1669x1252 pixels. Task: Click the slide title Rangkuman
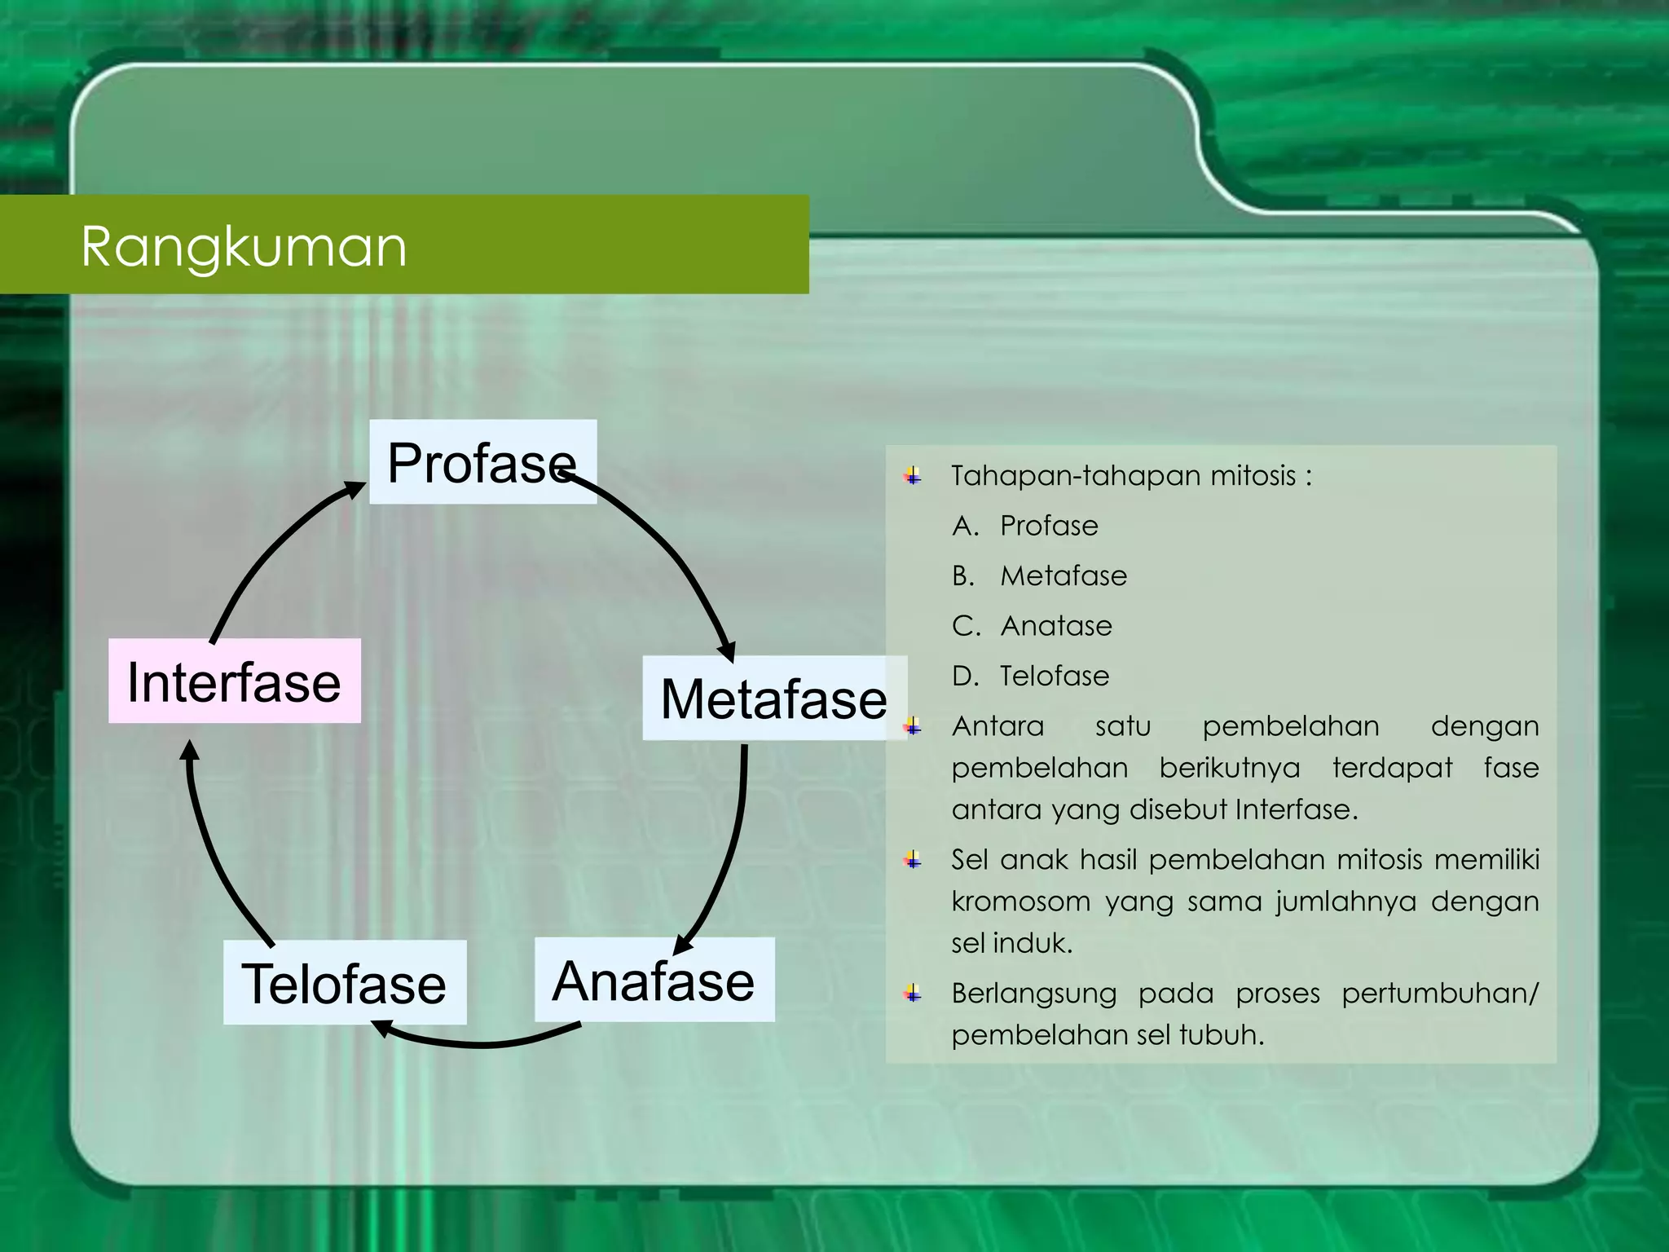tap(244, 246)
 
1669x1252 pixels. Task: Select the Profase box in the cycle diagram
tap(482, 462)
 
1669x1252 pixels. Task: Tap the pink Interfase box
tap(234, 681)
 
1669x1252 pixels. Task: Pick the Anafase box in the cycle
tap(654, 980)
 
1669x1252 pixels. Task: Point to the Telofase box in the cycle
tap(344, 983)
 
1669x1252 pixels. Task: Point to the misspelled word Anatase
tap(1055, 626)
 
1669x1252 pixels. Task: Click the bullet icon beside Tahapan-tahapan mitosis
tap(914, 476)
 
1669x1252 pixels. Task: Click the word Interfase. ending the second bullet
tap(1296, 809)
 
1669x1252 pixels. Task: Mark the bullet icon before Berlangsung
tap(914, 994)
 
